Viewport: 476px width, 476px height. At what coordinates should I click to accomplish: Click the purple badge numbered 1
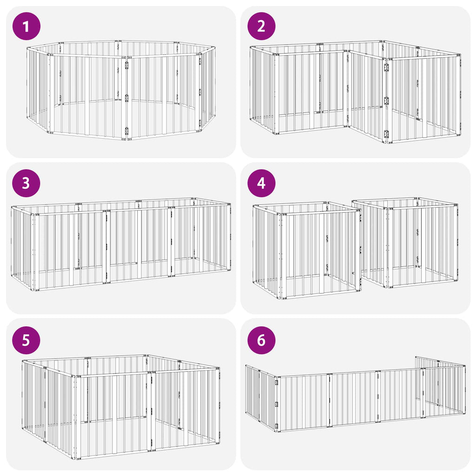coord(26,26)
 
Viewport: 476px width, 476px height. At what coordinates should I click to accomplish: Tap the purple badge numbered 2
coord(261,26)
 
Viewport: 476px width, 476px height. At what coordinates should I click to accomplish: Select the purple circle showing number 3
coord(26,183)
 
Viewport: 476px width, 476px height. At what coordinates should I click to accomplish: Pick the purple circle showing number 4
coord(261,183)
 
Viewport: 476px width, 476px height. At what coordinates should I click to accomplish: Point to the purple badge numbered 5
coord(26,340)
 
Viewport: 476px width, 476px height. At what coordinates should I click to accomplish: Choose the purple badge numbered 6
coord(261,340)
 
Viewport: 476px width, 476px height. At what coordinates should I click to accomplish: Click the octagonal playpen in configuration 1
coord(121,91)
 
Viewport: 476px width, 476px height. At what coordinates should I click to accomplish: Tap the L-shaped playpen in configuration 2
coord(355,91)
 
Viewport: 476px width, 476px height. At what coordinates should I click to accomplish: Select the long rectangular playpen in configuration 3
coord(121,245)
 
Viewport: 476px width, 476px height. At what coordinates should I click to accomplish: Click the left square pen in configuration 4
coord(307,251)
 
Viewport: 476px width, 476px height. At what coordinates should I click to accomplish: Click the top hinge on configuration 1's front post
coord(126,65)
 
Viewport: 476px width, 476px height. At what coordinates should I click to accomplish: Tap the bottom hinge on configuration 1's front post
coord(126,131)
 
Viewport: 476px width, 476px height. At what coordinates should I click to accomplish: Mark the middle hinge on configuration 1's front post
coord(126,98)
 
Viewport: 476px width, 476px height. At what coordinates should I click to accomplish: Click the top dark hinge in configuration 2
coord(386,68)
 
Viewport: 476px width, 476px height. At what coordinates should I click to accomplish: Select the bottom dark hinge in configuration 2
coord(386,134)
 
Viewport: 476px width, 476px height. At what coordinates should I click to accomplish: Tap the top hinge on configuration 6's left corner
coord(277,383)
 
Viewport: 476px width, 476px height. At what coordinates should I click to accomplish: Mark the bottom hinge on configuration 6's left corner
coord(277,426)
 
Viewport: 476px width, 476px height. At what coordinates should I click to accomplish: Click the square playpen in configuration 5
coord(121,407)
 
